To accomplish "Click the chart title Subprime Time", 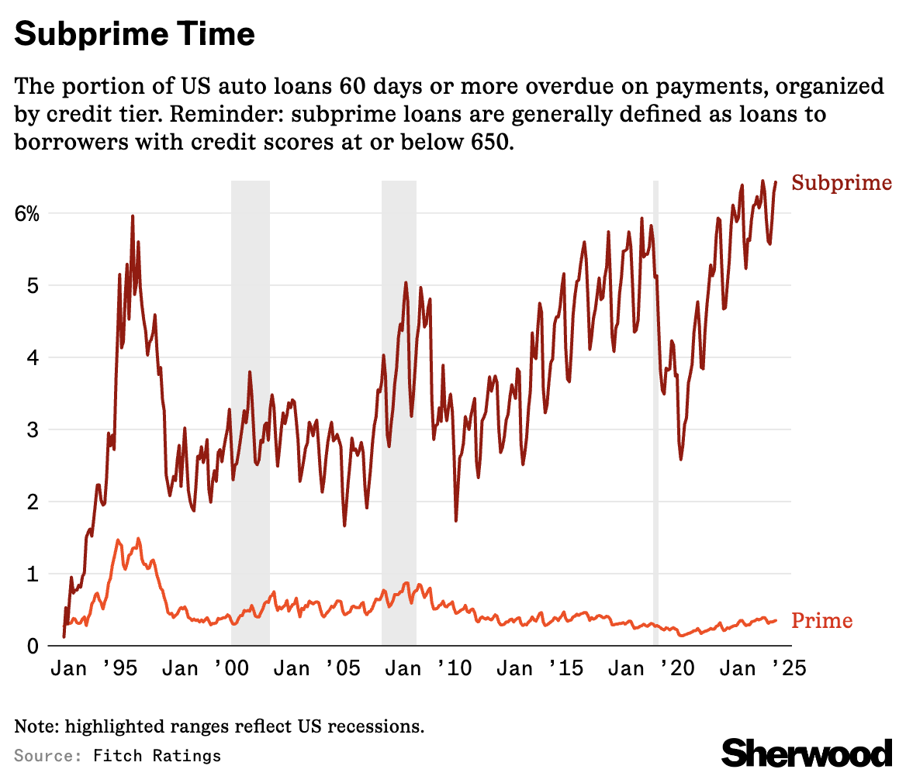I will (x=134, y=34).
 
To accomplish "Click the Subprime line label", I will (x=841, y=184).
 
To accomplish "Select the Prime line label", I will (x=821, y=621).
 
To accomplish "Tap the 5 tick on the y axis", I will (x=30, y=285).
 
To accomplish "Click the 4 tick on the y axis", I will (x=30, y=357).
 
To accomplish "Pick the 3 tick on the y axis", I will (x=30, y=429).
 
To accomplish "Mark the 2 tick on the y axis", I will (x=30, y=502).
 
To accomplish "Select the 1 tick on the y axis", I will (x=30, y=574).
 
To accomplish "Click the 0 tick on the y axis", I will (x=30, y=646).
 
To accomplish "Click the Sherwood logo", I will (x=807, y=753).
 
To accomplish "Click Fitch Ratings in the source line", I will (x=157, y=756).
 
